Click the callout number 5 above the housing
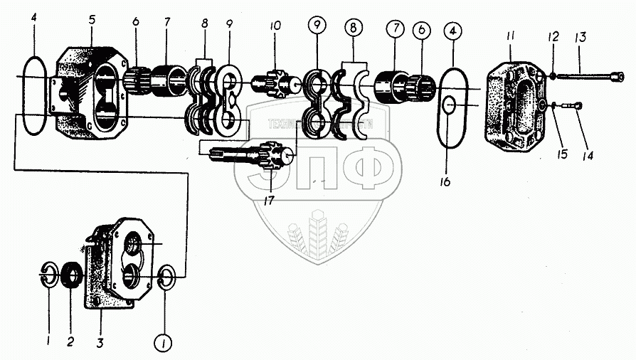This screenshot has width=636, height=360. click(x=92, y=19)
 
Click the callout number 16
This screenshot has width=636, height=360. click(x=445, y=183)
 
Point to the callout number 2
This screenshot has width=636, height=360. click(x=70, y=342)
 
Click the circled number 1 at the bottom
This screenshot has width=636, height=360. click(x=164, y=344)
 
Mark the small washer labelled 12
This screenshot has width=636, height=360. click(x=549, y=76)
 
